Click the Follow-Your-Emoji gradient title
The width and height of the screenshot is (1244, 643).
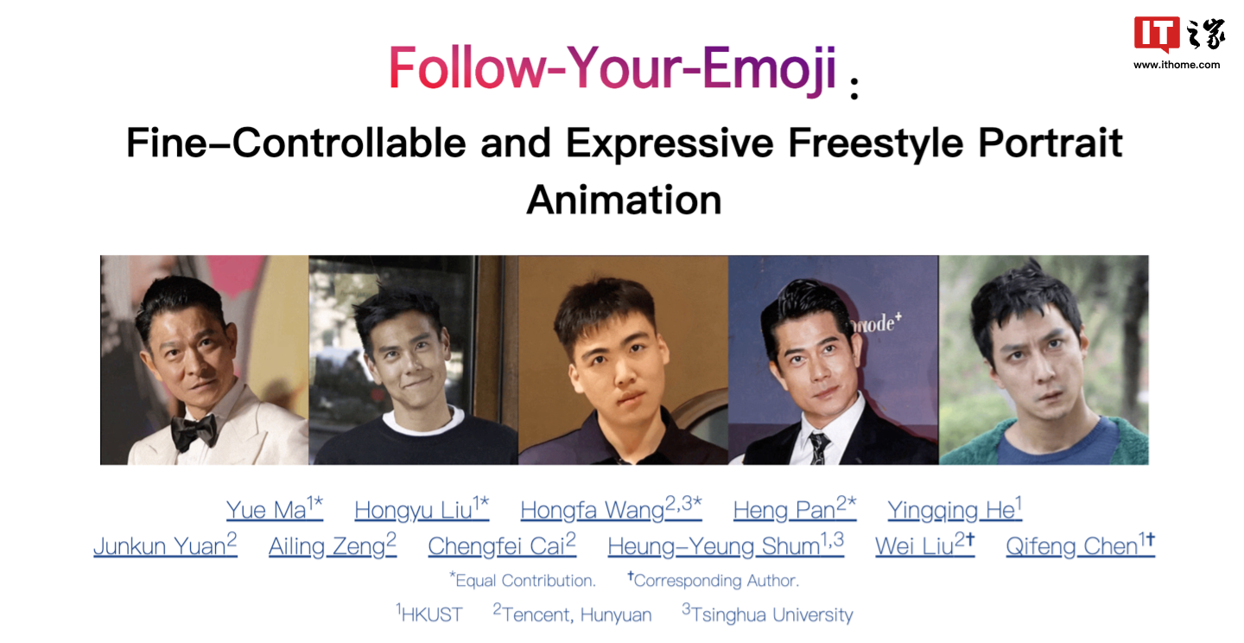coord(612,68)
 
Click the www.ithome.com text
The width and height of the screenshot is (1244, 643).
coord(1177,65)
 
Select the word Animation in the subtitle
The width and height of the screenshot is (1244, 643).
coord(624,201)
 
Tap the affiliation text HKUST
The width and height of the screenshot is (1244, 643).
coord(430,614)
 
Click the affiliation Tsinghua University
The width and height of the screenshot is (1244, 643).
coord(771,614)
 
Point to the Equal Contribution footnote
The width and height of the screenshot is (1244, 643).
coord(524,580)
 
